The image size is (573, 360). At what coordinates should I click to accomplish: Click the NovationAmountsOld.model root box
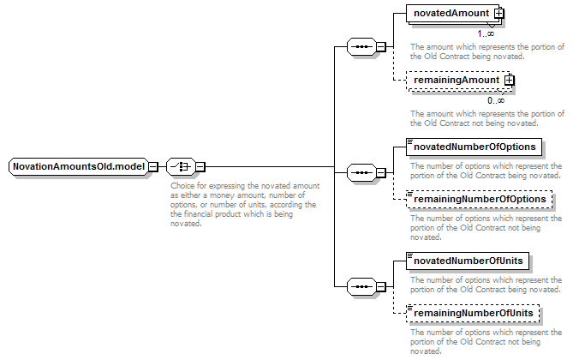pyautogui.click(x=79, y=167)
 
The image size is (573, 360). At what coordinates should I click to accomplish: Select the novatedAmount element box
pyautogui.click(x=452, y=14)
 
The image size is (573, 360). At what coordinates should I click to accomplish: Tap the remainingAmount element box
pyautogui.click(x=457, y=81)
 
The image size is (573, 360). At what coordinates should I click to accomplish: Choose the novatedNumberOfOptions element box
pyautogui.click(x=474, y=147)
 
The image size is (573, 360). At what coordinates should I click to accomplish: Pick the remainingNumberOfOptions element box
pyautogui.click(x=479, y=200)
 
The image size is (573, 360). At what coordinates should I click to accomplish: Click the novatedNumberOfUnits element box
pyautogui.click(x=468, y=261)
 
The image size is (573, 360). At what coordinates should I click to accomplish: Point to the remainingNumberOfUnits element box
pyautogui.click(x=473, y=313)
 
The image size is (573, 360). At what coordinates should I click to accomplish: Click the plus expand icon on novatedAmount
pyautogui.click(x=498, y=14)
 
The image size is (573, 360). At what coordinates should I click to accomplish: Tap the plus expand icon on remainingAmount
pyautogui.click(x=509, y=80)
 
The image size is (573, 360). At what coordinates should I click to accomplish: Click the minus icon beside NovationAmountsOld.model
pyautogui.click(x=153, y=167)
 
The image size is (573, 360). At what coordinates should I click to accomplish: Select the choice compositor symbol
pyautogui.click(x=181, y=167)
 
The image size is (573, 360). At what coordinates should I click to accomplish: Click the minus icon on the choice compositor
pyautogui.click(x=200, y=167)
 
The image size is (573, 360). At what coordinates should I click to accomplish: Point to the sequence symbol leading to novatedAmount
pyautogui.click(x=361, y=47)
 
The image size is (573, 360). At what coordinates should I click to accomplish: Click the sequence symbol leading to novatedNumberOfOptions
pyautogui.click(x=361, y=172)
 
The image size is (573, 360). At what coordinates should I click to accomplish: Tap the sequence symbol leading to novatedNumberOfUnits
pyautogui.click(x=361, y=286)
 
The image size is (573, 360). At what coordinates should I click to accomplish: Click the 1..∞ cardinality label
pyautogui.click(x=486, y=33)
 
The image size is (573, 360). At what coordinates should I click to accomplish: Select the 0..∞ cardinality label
pyautogui.click(x=496, y=100)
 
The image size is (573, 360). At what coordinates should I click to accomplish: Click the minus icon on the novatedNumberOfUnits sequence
pyautogui.click(x=381, y=286)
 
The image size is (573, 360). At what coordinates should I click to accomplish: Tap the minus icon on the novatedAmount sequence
pyautogui.click(x=381, y=47)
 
